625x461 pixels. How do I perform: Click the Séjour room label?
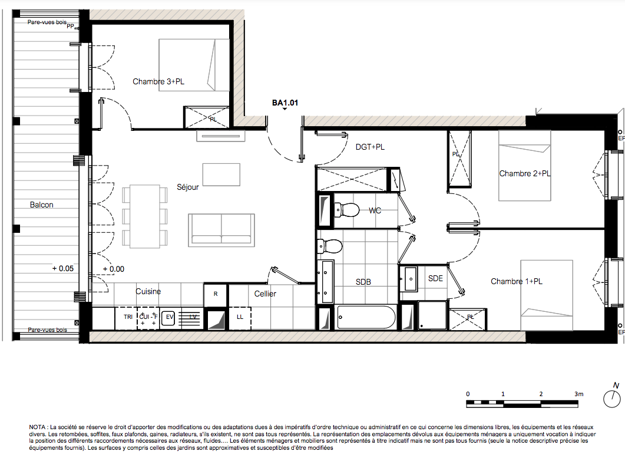point(188,187)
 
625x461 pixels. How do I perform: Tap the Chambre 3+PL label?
point(158,81)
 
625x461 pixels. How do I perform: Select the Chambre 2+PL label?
point(524,173)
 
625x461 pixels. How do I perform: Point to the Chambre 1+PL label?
point(517,281)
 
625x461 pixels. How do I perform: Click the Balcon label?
point(41,205)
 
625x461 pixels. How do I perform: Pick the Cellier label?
point(265,294)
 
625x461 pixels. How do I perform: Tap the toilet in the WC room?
point(346,210)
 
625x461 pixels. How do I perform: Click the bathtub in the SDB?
point(366,317)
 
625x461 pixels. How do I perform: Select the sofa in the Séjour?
point(221,230)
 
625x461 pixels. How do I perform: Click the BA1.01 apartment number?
point(285,103)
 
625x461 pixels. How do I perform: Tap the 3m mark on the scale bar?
point(579,394)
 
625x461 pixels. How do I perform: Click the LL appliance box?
point(240,318)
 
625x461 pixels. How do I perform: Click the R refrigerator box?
point(216,294)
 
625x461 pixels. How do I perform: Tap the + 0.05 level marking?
point(63,268)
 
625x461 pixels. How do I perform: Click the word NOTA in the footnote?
point(37,427)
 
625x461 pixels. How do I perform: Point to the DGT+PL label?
point(370,147)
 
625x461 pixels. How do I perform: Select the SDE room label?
point(435,278)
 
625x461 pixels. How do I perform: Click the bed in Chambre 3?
point(194,65)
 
